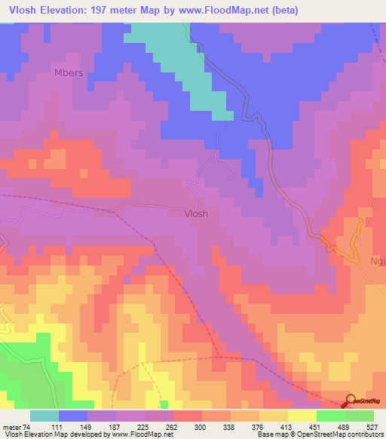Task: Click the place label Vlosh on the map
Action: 196,213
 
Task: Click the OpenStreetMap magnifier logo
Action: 351,401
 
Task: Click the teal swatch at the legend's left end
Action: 44,416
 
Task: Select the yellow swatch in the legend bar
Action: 302,416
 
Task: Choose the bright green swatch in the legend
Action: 330,416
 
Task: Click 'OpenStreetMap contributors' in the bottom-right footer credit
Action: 342,434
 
